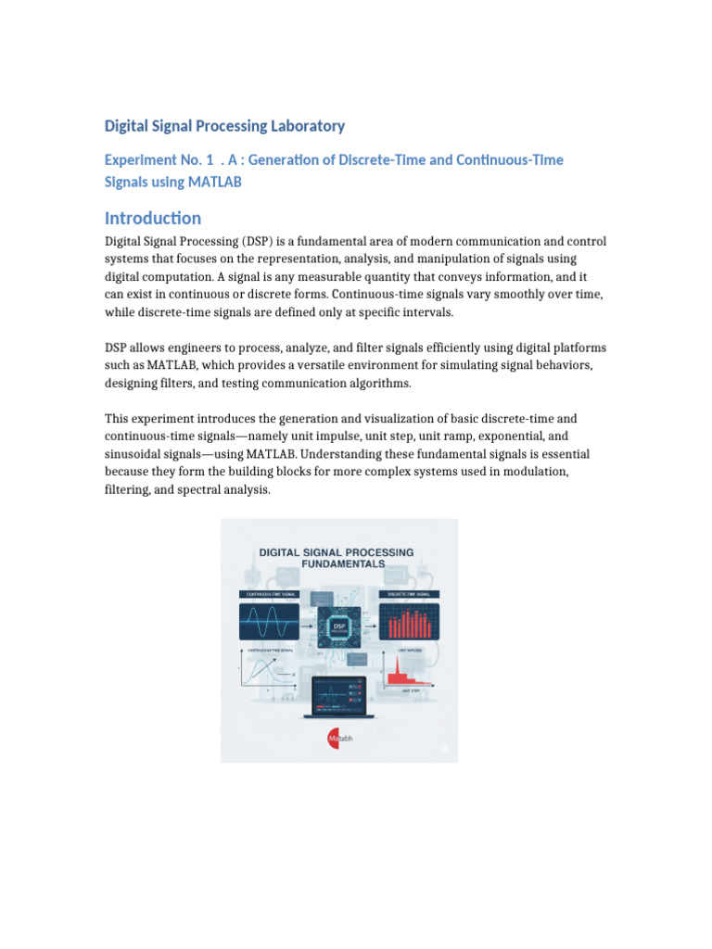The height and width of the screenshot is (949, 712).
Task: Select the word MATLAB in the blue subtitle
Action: click(x=214, y=182)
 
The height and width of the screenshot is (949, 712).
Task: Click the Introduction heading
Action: click(x=153, y=219)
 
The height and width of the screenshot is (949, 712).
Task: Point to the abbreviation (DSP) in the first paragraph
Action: click(x=256, y=242)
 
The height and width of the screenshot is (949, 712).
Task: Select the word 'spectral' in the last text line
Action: click(x=195, y=489)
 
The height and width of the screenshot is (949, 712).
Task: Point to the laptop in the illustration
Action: click(x=339, y=700)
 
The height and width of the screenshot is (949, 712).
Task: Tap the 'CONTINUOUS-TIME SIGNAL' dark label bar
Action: click(x=272, y=593)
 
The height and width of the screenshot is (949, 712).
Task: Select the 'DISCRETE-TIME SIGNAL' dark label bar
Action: click(x=409, y=593)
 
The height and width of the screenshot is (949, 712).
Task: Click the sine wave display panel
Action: click(x=272, y=621)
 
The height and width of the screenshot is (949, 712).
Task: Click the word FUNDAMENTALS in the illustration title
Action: click(x=339, y=563)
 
